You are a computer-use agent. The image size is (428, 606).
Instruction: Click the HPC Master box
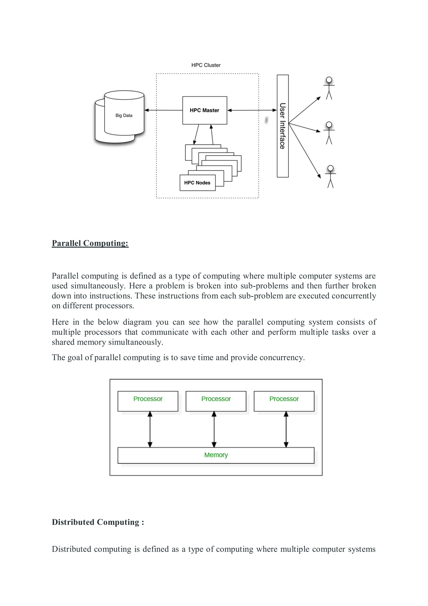(x=205, y=110)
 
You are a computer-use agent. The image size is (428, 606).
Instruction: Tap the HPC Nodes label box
(x=197, y=183)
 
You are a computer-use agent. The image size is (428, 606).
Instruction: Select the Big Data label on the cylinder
(x=124, y=115)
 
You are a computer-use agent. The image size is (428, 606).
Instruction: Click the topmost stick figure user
(x=329, y=88)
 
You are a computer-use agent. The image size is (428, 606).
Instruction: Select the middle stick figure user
(x=329, y=133)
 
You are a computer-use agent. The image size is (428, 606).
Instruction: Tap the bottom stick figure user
(x=330, y=176)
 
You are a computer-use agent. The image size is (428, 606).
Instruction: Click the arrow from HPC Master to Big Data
(x=163, y=110)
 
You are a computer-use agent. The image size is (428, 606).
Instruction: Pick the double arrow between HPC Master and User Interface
(x=252, y=110)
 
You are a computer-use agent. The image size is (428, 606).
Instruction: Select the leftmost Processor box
(x=148, y=401)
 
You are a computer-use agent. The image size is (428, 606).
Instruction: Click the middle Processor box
(x=216, y=401)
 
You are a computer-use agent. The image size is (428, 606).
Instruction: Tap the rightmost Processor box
(x=284, y=401)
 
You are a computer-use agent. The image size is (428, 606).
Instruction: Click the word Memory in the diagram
(x=216, y=455)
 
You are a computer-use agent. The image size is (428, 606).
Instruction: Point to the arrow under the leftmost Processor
(x=150, y=429)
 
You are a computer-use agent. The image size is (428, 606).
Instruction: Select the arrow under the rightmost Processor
(x=286, y=429)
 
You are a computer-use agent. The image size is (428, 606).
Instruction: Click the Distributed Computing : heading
(x=98, y=522)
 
